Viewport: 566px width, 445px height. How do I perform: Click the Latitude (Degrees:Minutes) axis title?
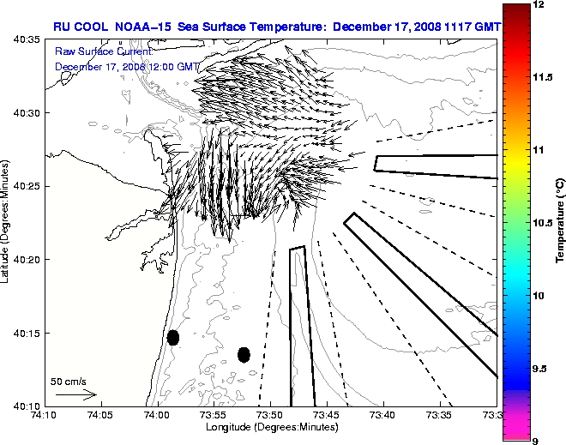pos(7,222)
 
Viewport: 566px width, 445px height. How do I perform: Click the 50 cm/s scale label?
pos(69,381)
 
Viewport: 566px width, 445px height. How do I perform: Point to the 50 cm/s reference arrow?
pos(75,395)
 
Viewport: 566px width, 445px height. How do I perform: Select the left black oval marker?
pos(172,337)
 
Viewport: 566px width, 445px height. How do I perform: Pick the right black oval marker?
pos(244,354)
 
